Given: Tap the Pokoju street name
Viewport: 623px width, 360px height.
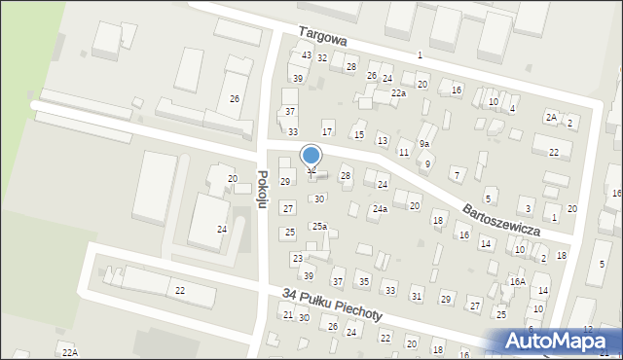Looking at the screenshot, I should [x=262, y=187].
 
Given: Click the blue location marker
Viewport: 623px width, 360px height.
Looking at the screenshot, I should [x=311, y=156].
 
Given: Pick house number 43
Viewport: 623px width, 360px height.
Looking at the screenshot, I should [x=307, y=55].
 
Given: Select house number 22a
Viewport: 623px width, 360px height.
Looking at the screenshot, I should [x=398, y=92].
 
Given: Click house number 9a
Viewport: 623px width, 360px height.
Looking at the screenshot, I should [x=424, y=144].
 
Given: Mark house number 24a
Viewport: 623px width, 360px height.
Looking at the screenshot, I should [x=379, y=208].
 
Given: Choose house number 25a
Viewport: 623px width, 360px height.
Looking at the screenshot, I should [x=318, y=226].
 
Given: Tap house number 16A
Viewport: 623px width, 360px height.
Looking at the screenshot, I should [x=517, y=281].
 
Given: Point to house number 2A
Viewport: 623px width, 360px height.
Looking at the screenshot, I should [x=551, y=117].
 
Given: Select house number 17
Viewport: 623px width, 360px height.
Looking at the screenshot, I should [x=327, y=131].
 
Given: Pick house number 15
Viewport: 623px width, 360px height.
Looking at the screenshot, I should [x=359, y=134].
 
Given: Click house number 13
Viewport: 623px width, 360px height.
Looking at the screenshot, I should [x=383, y=141].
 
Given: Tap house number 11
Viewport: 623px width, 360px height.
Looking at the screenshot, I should [x=403, y=152].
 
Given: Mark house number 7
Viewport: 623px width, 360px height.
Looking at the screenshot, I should [x=457, y=174].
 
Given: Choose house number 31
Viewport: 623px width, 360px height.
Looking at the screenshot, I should [x=417, y=296].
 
